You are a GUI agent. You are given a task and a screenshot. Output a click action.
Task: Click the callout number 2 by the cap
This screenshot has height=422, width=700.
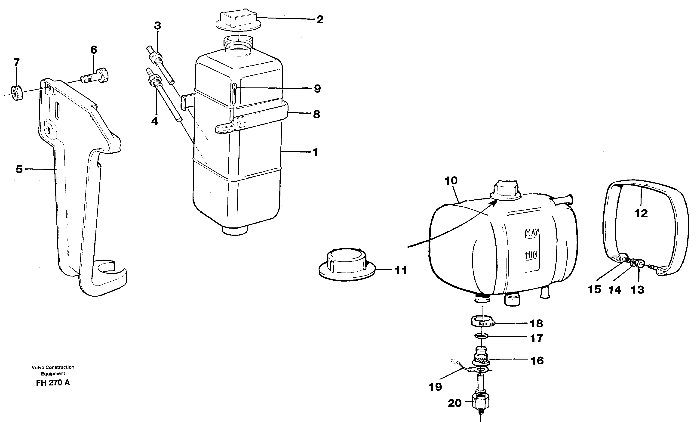coord(320,20)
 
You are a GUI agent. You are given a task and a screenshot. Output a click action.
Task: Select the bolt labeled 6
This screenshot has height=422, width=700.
coord(95,76)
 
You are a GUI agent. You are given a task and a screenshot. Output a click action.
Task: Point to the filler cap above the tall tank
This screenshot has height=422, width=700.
coord(237,21)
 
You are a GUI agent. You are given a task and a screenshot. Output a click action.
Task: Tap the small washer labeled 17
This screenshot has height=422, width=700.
coord(482,337)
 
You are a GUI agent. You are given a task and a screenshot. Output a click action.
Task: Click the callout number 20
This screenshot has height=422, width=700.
coord(455,403)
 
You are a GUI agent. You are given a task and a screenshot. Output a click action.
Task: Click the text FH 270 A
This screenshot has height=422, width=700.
coord(53,383)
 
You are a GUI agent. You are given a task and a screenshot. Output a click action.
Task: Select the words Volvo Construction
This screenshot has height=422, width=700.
coord(53,367)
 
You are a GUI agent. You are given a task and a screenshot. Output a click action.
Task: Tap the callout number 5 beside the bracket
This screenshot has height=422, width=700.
coord(19,169)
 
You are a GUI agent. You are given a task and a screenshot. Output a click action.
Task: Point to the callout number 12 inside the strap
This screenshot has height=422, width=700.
coord(641,213)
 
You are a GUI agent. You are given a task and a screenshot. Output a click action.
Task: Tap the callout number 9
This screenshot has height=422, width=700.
coord(317,89)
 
